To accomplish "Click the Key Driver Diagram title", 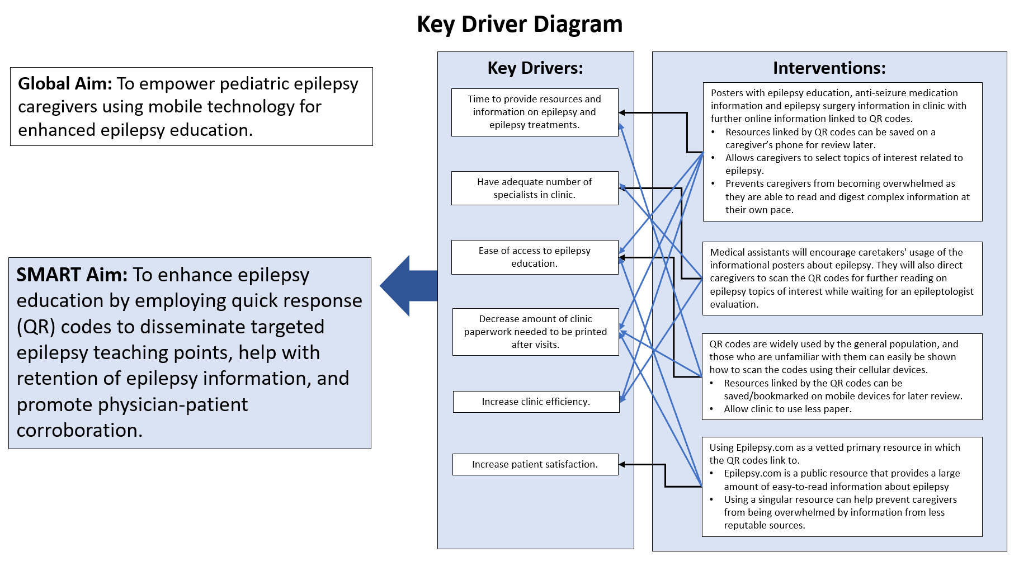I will point(520,25).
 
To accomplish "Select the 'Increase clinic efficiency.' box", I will point(536,402).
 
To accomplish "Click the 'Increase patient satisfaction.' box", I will point(535,464).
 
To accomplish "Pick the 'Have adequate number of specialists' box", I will point(534,188).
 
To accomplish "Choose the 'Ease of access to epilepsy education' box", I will point(534,257).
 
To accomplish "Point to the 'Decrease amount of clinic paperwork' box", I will point(535,332).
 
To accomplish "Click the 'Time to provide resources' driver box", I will point(534,112).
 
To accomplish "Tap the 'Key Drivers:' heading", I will point(535,68).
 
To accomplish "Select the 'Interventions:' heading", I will point(829,68).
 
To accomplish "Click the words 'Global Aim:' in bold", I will point(65,84).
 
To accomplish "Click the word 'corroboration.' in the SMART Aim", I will point(79,431).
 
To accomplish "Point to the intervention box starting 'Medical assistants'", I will point(842,278).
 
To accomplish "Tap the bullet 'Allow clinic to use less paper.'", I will point(787,409).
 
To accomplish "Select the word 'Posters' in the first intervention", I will point(729,93).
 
